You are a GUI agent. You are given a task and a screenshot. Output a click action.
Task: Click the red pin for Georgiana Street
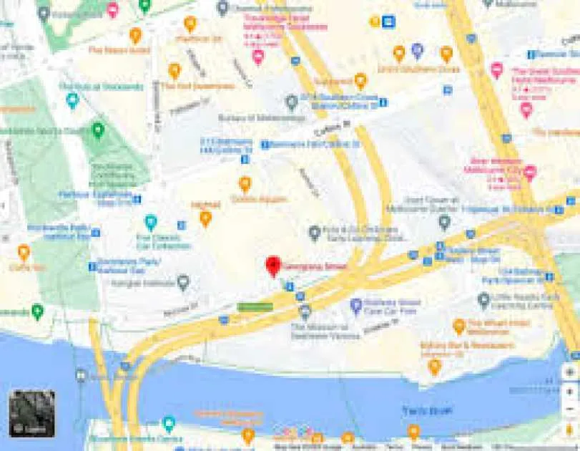point(272,266)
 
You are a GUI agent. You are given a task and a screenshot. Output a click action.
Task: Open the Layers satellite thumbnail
point(32,413)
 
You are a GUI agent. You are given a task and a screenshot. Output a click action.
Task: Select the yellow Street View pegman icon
point(569,429)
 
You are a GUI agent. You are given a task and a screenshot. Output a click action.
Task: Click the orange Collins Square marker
point(245,185)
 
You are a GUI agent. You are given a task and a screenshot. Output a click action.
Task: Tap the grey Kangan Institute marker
point(183,283)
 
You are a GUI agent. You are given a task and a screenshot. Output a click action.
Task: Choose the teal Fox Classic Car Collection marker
point(150,223)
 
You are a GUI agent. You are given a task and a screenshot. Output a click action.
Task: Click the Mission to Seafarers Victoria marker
point(305,311)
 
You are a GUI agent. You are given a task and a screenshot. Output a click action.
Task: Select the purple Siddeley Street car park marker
point(356,306)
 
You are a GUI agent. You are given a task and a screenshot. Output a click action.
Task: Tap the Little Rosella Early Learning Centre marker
point(484,300)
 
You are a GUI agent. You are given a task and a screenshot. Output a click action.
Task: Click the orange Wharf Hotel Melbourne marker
point(459,326)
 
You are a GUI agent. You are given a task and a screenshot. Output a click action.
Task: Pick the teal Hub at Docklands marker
point(72,101)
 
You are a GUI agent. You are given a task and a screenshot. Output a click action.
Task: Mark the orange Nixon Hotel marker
point(135,35)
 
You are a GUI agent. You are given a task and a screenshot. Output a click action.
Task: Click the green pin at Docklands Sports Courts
point(98,130)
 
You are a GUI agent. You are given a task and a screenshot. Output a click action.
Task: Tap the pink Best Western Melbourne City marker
point(530,173)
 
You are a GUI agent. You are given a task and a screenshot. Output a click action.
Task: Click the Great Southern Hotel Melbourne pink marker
point(497,70)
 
